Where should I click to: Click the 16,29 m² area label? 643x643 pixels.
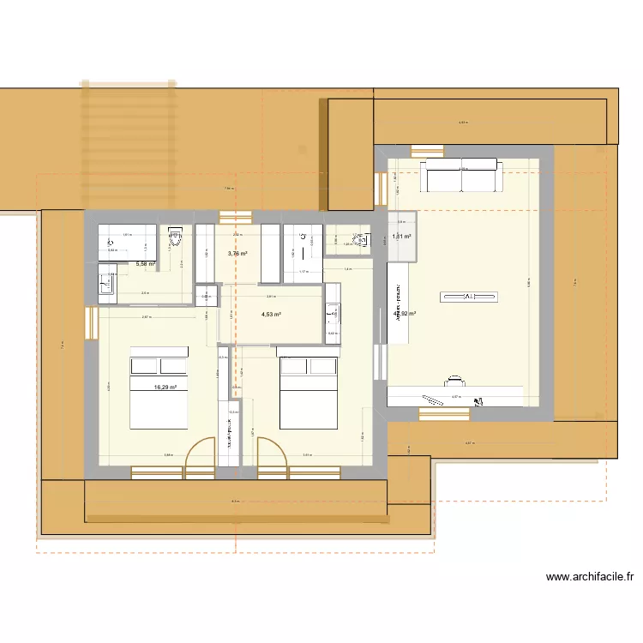pos(165,388)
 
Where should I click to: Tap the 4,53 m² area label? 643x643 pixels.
pos(272,315)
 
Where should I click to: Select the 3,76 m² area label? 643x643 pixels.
pos(237,254)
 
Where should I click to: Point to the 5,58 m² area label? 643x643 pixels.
pos(146,264)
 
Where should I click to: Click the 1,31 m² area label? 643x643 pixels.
pos(401,237)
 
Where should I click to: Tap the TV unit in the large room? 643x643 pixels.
pos(468,297)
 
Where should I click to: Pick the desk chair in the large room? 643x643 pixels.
pos(455,379)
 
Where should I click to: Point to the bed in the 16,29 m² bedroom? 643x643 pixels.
pos(159,393)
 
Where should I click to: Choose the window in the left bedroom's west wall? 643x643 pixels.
pos(91,323)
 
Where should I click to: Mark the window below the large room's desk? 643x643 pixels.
pos(444,414)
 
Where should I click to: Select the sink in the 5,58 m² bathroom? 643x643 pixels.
pos(108,284)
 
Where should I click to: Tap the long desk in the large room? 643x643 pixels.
pos(454,396)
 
